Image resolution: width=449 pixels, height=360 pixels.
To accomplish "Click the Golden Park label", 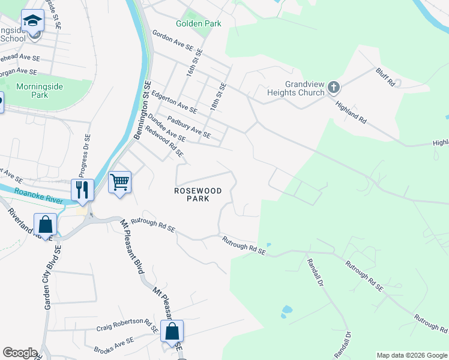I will coord(198,24).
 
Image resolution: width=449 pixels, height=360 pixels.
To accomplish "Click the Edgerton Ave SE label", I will coord(174,102).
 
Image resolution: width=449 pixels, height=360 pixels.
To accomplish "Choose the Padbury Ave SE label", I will coord(189,127).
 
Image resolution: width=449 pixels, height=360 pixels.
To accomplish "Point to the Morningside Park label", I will coord(40,91).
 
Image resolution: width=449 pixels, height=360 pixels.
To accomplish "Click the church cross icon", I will coord(334,89).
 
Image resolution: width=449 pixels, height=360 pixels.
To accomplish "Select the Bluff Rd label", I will coord(386,77).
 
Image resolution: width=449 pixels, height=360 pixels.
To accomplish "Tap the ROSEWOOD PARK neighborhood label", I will coord(197,194).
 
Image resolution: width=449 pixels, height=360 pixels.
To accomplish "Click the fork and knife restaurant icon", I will coord(82,190).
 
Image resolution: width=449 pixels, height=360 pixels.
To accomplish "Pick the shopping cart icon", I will coord(119,182).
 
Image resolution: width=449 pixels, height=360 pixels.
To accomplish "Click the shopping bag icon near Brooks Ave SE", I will coord(172,331).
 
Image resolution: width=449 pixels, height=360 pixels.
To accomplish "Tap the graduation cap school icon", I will coord(32,22).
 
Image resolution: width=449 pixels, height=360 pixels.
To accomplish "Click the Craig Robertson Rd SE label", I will coord(127,329).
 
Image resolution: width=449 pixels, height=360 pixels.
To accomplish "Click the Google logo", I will coord(20,353).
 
